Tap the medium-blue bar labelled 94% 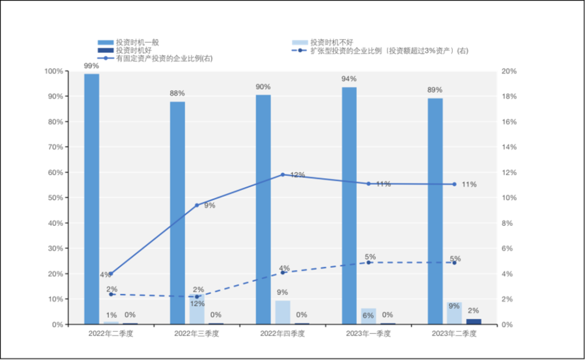(349, 206)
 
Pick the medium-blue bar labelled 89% (435, 211)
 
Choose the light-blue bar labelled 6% (368, 316)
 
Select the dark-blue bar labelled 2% (474, 322)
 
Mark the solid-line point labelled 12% (283, 175)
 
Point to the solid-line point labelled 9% (197, 206)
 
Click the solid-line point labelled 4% (111, 274)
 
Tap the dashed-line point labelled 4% (283, 272)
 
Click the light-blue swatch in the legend (300, 42)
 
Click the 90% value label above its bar (263, 87)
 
